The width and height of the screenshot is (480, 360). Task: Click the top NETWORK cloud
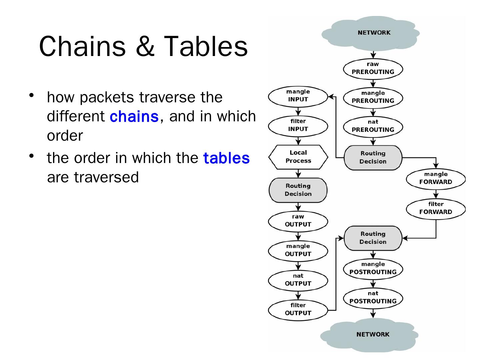pyautogui.click(x=373, y=33)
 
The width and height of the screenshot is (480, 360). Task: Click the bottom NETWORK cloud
pyautogui.click(x=373, y=334)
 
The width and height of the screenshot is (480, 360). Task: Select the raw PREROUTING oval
pyautogui.click(x=373, y=68)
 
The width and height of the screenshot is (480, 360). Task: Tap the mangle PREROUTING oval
pyautogui.click(x=373, y=97)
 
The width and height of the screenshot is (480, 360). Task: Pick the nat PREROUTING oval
pyautogui.click(x=373, y=126)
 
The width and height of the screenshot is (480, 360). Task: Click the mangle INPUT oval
pyautogui.click(x=298, y=96)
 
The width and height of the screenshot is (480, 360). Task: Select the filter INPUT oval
pyautogui.click(x=298, y=125)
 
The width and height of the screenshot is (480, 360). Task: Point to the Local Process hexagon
pyautogui.click(x=298, y=157)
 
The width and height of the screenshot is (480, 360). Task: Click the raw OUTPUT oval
pyautogui.click(x=298, y=221)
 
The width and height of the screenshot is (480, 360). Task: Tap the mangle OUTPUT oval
pyautogui.click(x=298, y=250)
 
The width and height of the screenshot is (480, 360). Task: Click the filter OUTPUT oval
pyautogui.click(x=298, y=309)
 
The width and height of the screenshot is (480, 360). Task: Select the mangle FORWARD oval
pyautogui.click(x=436, y=178)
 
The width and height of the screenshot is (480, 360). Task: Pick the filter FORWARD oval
pyautogui.click(x=436, y=208)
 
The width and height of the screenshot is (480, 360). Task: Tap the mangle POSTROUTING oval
pyautogui.click(x=373, y=268)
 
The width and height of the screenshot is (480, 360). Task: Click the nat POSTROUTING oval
pyautogui.click(x=373, y=298)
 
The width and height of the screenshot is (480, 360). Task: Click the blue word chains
pyautogui.click(x=134, y=117)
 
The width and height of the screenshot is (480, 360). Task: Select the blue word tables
pyautogui.click(x=226, y=158)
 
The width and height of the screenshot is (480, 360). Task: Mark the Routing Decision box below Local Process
pyautogui.click(x=298, y=190)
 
